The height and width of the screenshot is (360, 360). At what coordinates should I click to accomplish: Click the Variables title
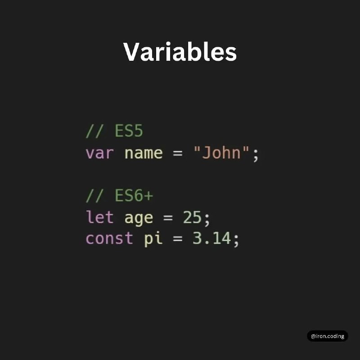coord(180,52)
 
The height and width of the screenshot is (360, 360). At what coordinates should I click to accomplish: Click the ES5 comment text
coord(114,131)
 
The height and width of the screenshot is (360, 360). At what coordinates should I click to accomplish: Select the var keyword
coord(99,153)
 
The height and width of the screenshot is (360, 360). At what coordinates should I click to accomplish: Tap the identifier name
coord(144,153)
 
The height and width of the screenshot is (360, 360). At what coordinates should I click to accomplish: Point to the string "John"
coord(221,152)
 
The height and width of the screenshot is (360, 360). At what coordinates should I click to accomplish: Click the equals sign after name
coord(177,153)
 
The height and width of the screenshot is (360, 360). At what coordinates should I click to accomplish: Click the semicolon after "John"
coord(256,155)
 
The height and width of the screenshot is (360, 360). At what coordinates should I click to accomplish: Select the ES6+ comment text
coord(119,195)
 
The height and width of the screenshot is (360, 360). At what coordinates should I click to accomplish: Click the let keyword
coord(99,217)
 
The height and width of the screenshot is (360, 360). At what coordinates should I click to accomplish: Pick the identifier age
coord(139,218)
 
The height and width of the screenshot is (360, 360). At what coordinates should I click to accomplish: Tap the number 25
coord(192,217)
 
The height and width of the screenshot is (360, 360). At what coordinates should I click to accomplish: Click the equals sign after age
coord(168,218)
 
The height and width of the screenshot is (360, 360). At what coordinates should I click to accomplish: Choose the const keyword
coord(109,238)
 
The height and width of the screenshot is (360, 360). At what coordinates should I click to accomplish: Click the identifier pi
coord(153,239)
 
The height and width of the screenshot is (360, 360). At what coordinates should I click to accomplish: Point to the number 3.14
coord(211,238)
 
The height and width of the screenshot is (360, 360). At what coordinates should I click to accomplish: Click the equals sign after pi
coord(177,238)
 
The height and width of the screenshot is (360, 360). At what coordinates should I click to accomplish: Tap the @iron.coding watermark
coord(328,336)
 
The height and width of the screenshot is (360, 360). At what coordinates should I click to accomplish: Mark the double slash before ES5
coord(94,131)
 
